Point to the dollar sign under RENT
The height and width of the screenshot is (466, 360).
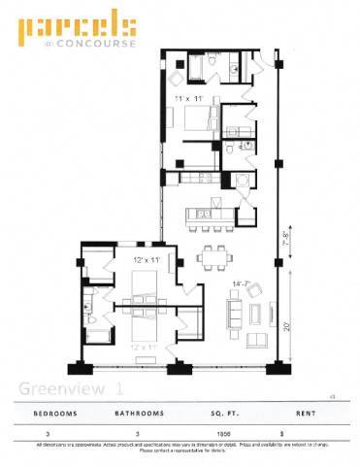click(282, 433)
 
